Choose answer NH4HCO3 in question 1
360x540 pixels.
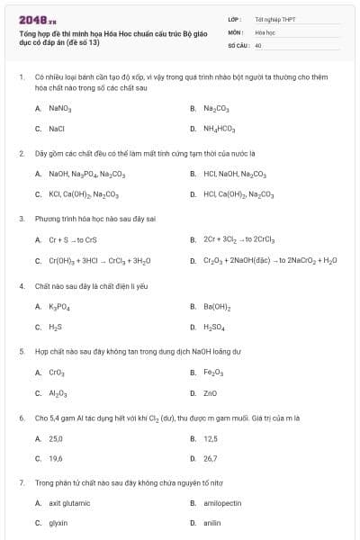[219, 129]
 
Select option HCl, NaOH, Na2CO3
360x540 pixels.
[235, 174]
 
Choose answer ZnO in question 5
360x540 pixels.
[211, 393]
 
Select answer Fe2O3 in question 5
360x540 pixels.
[213, 373]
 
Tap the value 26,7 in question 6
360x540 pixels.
[211, 458]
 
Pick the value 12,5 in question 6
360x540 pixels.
[211, 438]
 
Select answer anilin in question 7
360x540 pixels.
[212, 523]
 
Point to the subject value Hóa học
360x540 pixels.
[265, 31]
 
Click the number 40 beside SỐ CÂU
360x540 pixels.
[258, 44]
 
